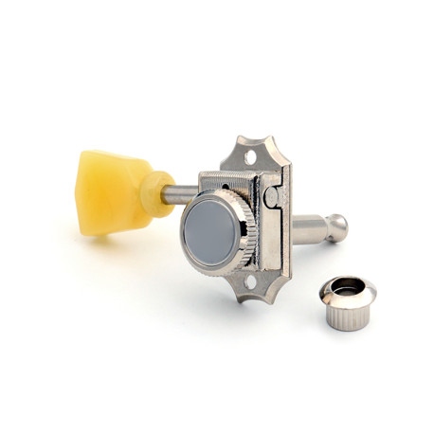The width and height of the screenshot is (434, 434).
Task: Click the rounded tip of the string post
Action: pyautogui.click(x=338, y=227)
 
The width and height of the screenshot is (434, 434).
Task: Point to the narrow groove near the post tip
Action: pyautogui.click(x=326, y=227)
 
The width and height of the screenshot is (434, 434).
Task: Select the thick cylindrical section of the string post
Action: pyautogui.click(x=303, y=229)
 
